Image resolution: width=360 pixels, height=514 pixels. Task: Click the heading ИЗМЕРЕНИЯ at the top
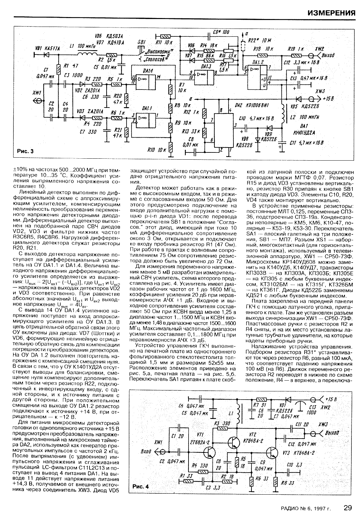point(332,13)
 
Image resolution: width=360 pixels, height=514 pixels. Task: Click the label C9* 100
point(221,32)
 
